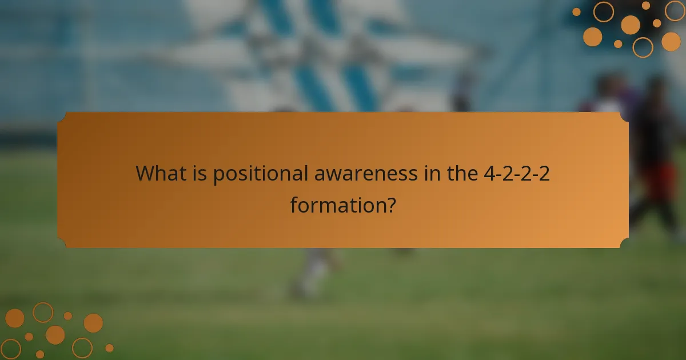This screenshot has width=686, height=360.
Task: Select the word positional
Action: point(261,174)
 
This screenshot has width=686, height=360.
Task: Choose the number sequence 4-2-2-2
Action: point(517,173)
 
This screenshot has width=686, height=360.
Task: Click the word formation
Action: point(334,204)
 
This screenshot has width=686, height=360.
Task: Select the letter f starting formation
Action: point(294,204)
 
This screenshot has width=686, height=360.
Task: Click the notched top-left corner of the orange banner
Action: point(62,116)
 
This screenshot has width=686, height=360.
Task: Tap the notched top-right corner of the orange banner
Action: point(624,116)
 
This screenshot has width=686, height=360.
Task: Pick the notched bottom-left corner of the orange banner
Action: point(62,244)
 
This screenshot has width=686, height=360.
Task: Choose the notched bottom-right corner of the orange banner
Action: point(624,244)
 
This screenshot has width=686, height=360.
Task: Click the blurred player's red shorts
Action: point(657,180)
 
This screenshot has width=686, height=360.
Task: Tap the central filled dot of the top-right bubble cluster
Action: point(631,25)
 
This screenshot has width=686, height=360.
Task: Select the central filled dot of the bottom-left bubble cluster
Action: point(55,335)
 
